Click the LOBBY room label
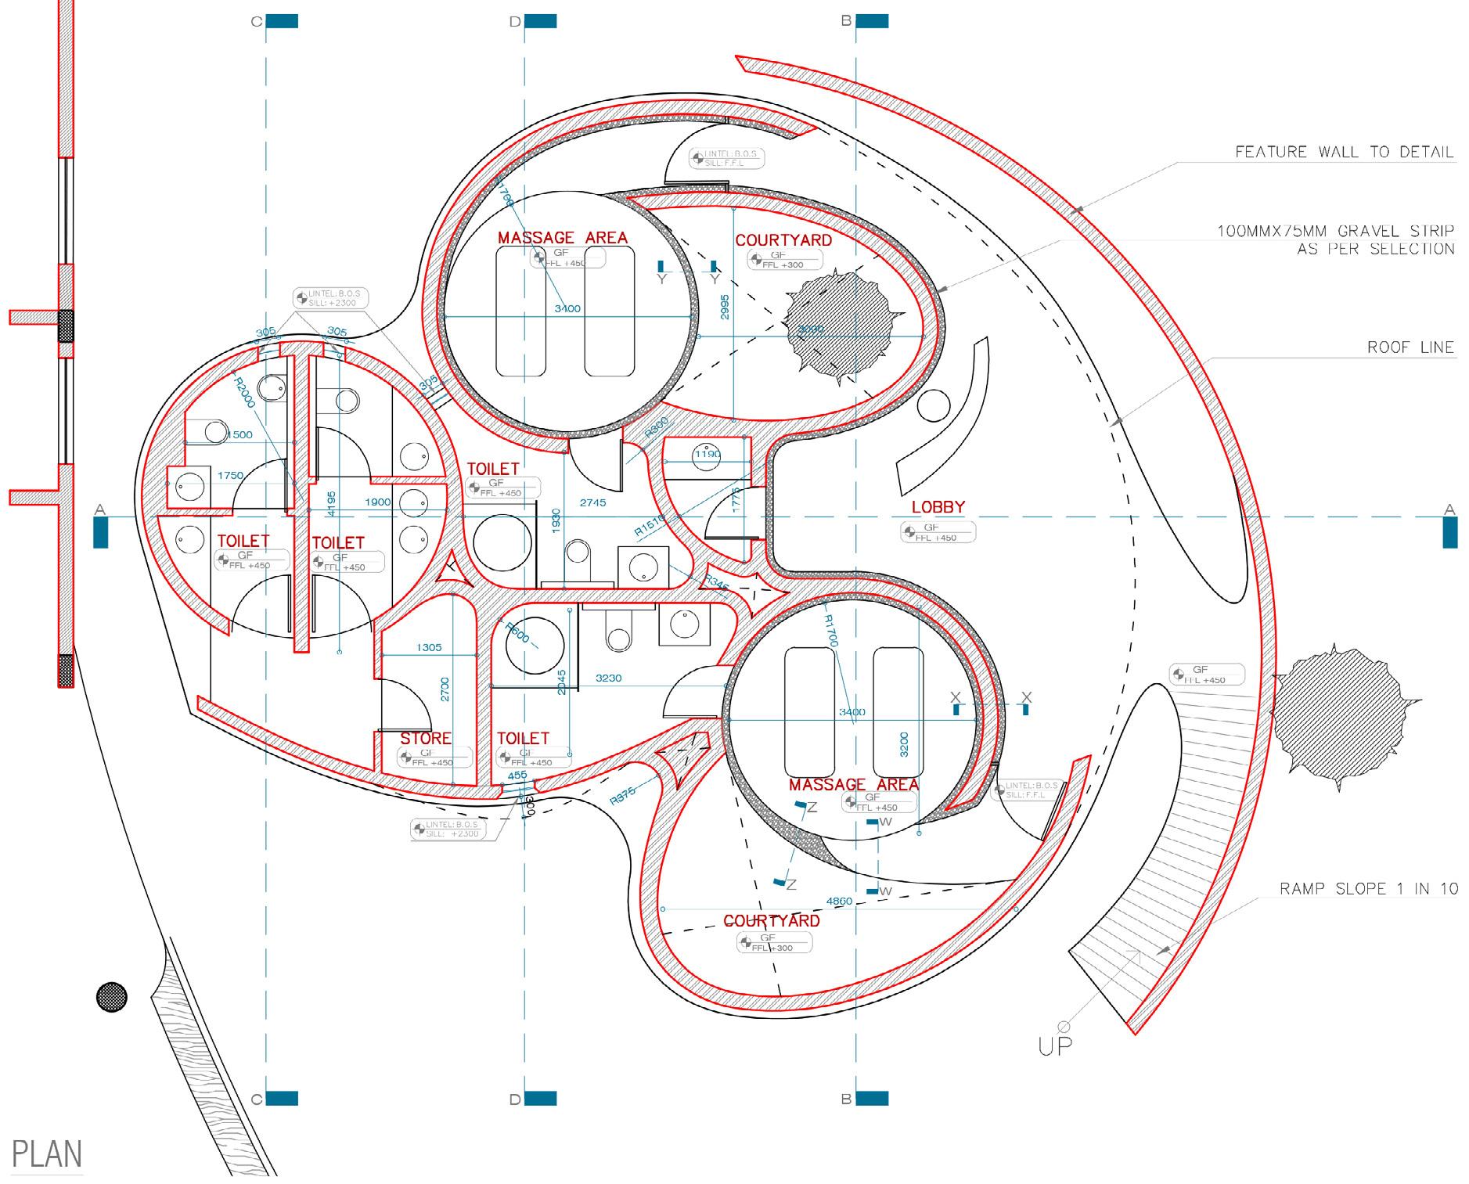coord(938,507)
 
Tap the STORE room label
coord(426,738)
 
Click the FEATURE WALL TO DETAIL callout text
coord(1344,152)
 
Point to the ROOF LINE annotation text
coord(1410,347)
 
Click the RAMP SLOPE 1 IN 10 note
coord(1369,888)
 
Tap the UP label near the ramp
coord(1055,1045)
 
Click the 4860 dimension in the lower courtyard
coord(839,901)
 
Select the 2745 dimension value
coord(592,502)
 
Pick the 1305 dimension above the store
coord(429,647)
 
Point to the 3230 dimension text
coord(608,678)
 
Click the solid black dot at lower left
coord(111,997)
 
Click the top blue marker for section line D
coord(540,21)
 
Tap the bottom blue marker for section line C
coord(282,1099)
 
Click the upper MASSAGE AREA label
coord(562,237)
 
